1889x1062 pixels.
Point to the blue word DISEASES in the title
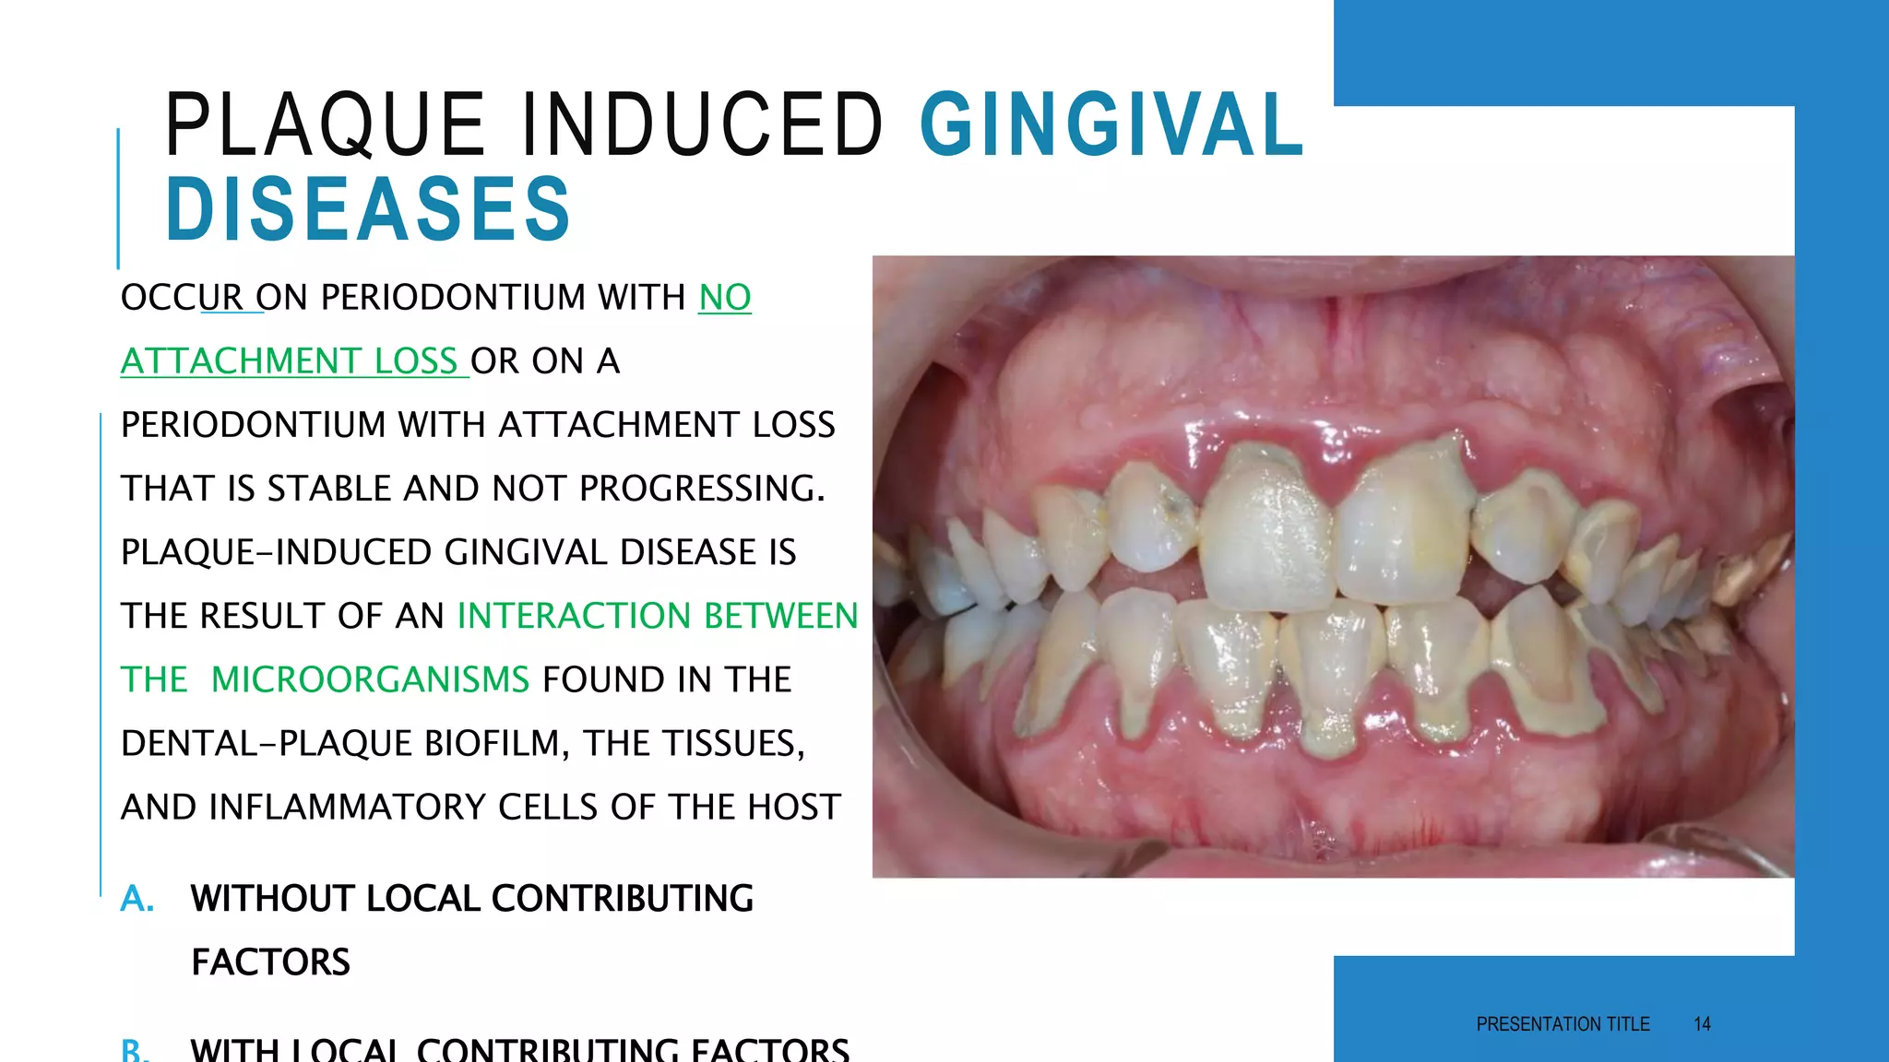pos(368,209)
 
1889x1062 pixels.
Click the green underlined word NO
pos(724,298)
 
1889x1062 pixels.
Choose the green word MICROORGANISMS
pos(370,679)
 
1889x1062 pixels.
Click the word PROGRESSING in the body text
pos(701,489)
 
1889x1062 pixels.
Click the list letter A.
pos(137,898)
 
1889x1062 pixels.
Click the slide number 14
pos(1702,1024)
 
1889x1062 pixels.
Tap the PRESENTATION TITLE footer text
pos(1562,1024)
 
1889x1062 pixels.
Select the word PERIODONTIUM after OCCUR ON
pos(453,298)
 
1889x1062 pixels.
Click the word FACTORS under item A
pos(270,962)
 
